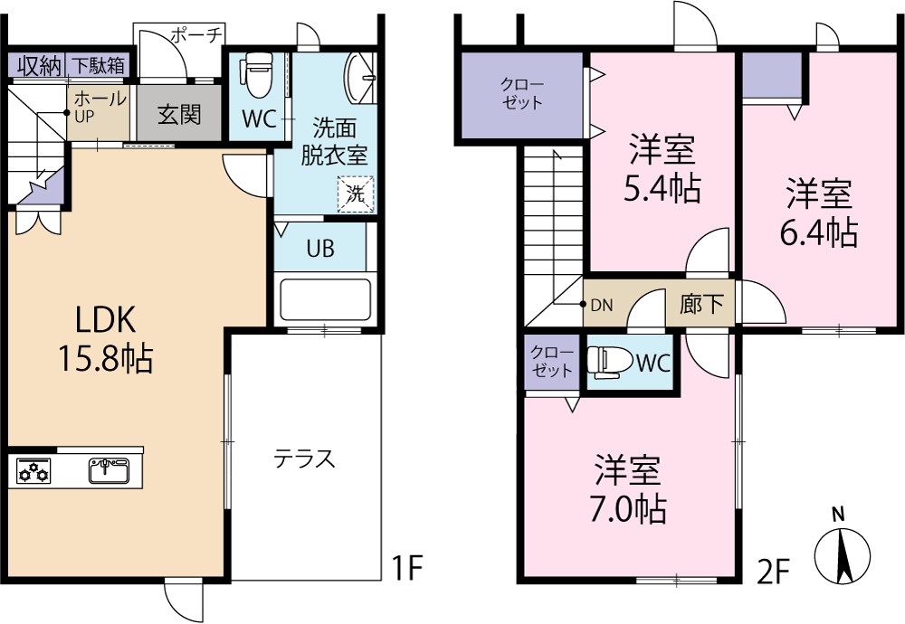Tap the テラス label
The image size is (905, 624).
305,459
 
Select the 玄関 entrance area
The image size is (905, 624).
178,115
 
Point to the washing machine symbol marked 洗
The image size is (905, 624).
355,194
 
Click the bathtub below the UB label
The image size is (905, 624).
325,298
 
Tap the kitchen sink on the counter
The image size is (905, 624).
109,470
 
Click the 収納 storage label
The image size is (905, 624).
37,65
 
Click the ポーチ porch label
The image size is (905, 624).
195,35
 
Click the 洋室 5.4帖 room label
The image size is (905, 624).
662,168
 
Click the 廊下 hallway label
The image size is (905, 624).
701,304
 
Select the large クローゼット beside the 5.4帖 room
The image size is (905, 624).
522,96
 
